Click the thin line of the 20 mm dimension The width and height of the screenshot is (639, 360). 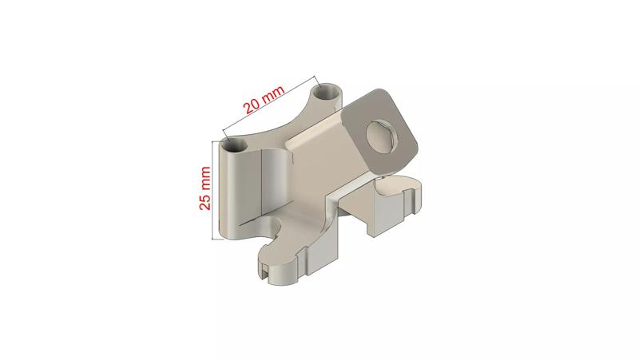point(272,107)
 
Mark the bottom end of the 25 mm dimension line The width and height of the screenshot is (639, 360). point(213,239)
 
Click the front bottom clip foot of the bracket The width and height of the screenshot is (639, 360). point(288,268)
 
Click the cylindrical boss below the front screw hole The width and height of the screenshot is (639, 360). point(240,192)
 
